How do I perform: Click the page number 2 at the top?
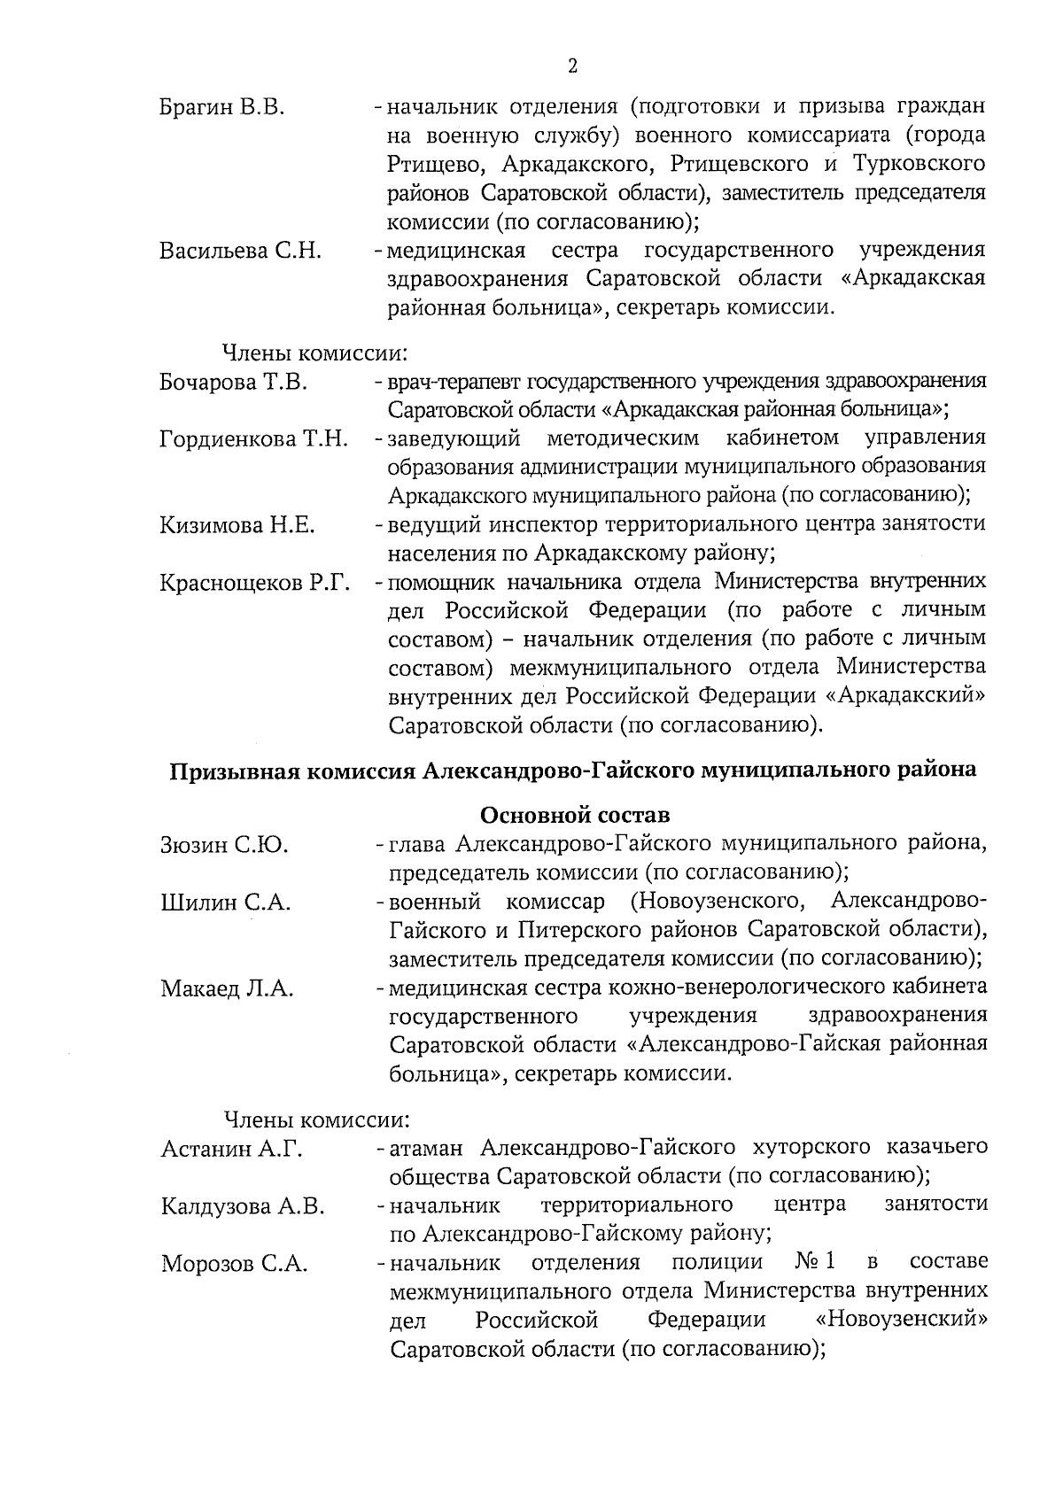pos(571,66)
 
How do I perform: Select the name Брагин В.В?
pos(221,108)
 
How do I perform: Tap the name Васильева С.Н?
pos(240,251)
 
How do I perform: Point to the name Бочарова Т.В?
pos(233,383)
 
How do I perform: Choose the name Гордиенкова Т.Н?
pos(253,439)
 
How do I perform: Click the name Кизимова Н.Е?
pos(237,525)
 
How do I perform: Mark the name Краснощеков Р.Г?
pos(255,583)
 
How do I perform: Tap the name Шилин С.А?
pos(226,903)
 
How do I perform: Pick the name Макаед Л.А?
pos(227,988)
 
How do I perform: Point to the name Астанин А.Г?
pos(232,1150)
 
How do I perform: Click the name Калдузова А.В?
pos(243,1206)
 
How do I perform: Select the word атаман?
pos(426,1148)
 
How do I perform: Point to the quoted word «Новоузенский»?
pos(901,1320)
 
